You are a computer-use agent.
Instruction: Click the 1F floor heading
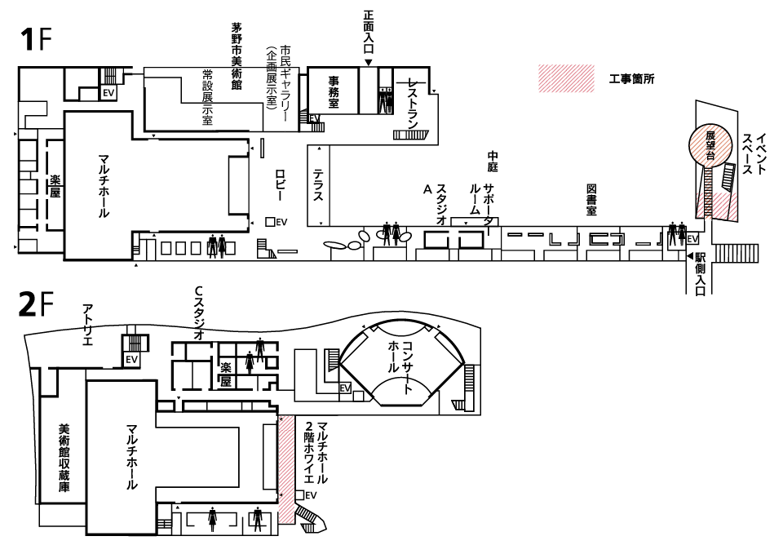35,40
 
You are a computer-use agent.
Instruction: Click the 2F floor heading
35,304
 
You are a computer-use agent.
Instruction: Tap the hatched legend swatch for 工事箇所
565,79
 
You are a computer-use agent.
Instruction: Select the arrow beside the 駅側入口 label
689,257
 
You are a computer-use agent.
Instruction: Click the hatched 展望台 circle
710,145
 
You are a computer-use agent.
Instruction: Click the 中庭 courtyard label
492,161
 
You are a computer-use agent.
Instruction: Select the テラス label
319,185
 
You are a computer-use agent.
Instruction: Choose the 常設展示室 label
207,97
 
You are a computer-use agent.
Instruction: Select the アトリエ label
87,324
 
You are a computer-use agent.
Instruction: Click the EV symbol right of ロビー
276,222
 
